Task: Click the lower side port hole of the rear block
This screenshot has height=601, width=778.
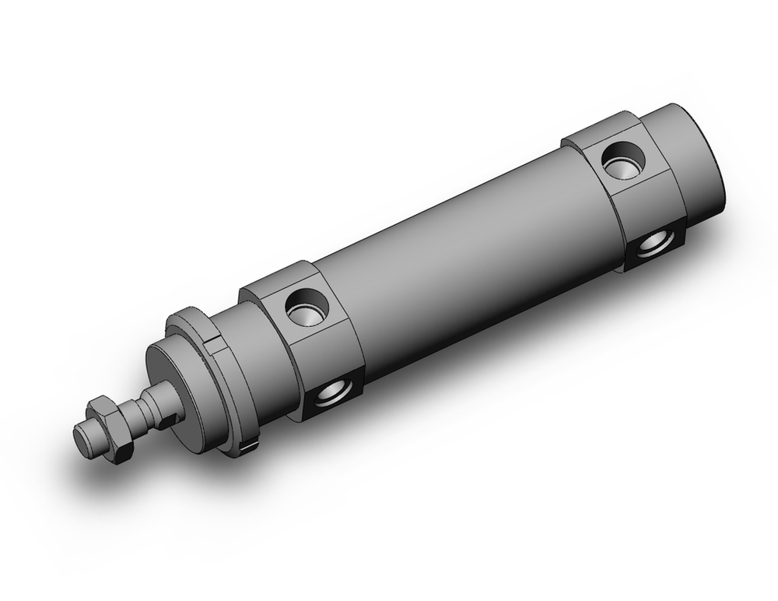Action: pos(651,245)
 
